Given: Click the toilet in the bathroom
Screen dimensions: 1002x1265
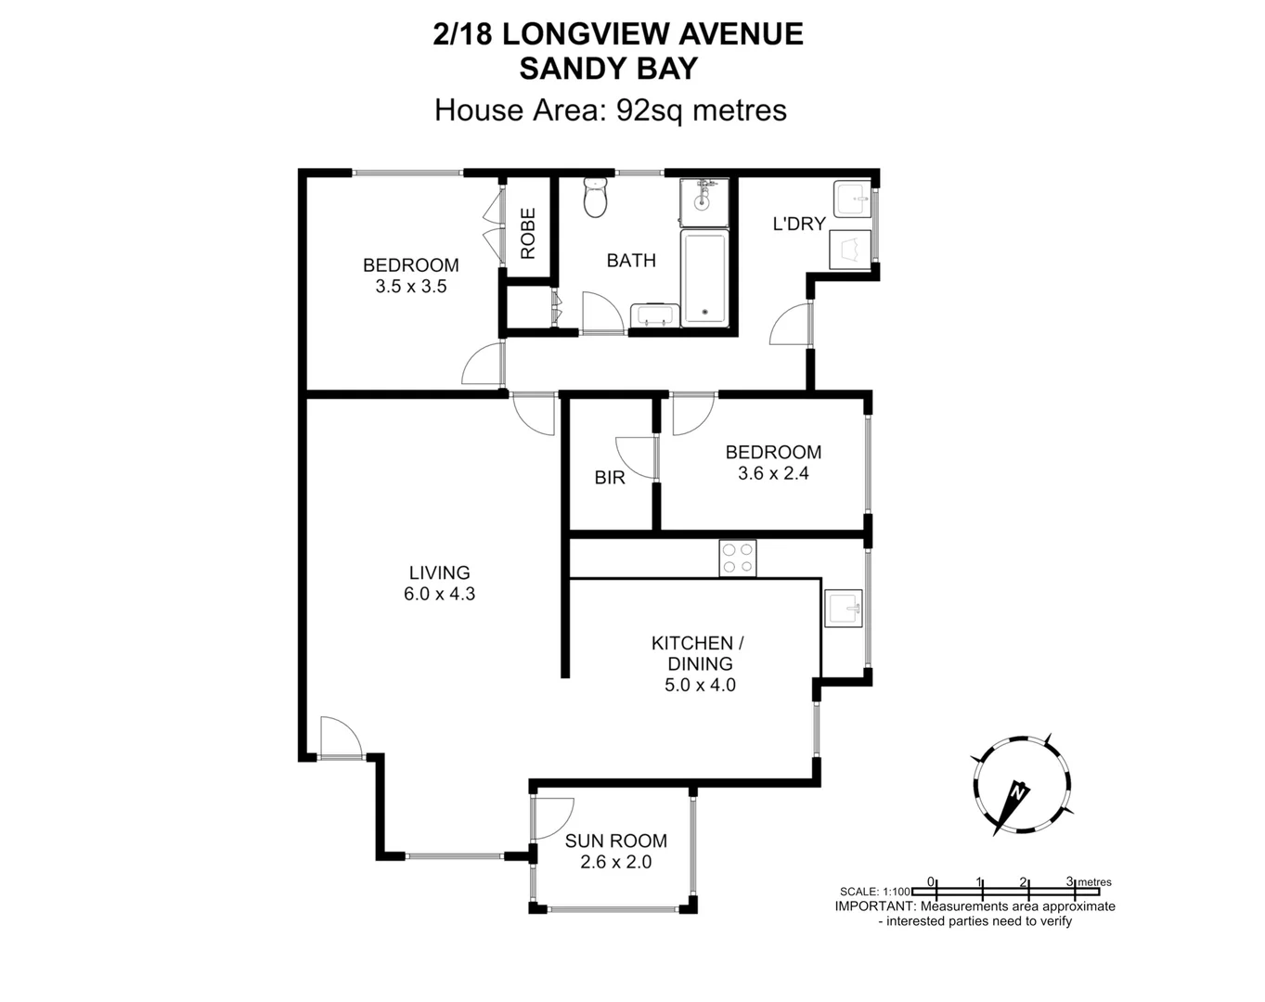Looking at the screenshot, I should [x=595, y=197].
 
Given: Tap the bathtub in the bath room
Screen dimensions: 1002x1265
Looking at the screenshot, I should [x=705, y=278].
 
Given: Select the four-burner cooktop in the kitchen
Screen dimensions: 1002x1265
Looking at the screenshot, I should [x=737, y=559].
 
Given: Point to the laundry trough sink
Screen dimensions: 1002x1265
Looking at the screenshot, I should [x=851, y=199].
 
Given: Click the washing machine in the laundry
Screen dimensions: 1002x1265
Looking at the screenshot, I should [x=850, y=249].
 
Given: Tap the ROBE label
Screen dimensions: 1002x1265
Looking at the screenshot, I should [x=528, y=233].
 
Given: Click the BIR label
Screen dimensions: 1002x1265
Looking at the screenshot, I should [x=610, y=478].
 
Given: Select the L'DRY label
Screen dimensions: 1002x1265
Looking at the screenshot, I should [x=799, y=224].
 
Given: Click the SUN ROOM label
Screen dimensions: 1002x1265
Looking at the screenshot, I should [x=616, y=841].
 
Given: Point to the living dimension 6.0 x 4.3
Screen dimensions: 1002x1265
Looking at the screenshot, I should [x=439, y=594].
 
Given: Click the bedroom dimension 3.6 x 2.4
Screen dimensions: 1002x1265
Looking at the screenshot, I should [x=773, y=473].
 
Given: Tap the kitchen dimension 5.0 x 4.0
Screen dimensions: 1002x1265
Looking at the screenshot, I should [x=700, y=686].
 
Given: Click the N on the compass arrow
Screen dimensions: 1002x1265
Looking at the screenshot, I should [x=1018, y=792].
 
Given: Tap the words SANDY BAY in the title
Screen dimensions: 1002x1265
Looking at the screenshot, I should [x=608, y=69].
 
